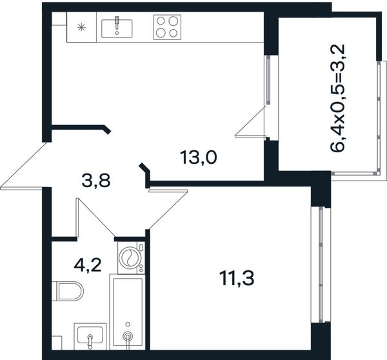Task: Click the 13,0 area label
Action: pos(199,158)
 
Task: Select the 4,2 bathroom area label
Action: pos(88,265)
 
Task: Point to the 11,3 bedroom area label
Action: pos(237,278)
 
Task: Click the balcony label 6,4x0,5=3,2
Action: pos(337,98)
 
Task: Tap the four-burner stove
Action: pos(167,27)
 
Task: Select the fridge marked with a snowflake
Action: pos(81,27)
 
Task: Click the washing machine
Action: pos(132,257)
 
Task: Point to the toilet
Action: pos(68,291)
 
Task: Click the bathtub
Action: pos(127,312)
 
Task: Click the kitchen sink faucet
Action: pos(117,25)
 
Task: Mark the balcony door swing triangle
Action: pos(251,121)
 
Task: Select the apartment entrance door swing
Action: pos(24,166)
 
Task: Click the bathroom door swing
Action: pos(95,217)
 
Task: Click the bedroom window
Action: pos(321,265)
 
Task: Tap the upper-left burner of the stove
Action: pos(161,21)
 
